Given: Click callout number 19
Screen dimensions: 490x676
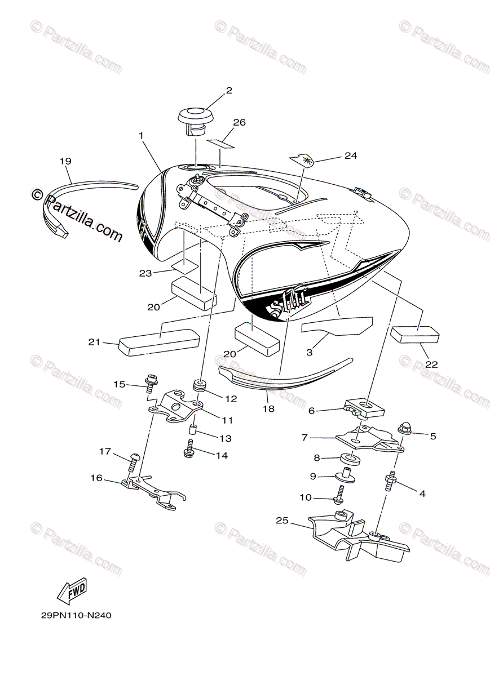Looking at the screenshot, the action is [x=65, y=161].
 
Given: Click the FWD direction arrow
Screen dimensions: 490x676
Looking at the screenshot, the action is [x=73, y=591].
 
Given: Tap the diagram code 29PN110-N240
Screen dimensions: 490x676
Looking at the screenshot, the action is [x=76, y=616].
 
